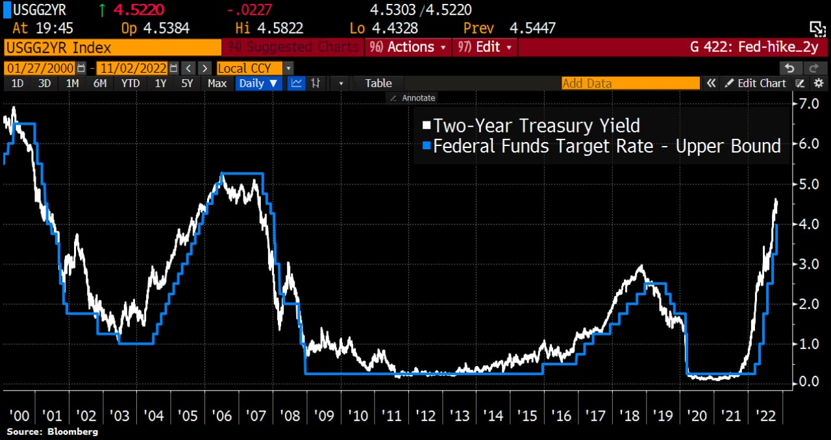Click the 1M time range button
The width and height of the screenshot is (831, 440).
pos(72,83)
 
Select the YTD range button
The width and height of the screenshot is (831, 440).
pos(130,83)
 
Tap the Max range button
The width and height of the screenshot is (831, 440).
pos(217,83)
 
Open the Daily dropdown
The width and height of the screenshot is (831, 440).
pos(258,83)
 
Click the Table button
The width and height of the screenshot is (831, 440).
pos(378,83)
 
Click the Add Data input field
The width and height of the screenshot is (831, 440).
pos(630,83)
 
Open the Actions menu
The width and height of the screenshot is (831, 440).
pos(408,47)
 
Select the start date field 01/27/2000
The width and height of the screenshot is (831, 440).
pos(40,68)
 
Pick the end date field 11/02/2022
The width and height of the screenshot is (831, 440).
pos(132,68)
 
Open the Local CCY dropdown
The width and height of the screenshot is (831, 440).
pos(254,68)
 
